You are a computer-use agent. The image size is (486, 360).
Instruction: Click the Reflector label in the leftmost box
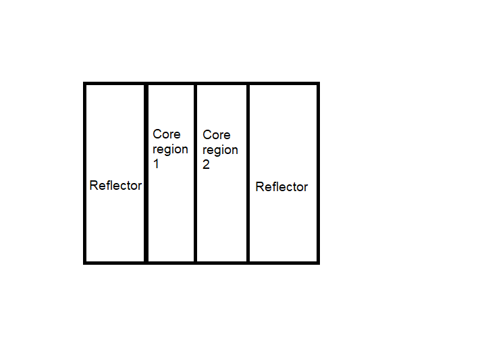pyautogui.click(x=115, y=186)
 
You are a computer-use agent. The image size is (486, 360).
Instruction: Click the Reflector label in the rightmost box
pyautogui.click(x=281, y=187)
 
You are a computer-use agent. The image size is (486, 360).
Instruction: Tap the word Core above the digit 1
pyautogui.click(x=166, y=134)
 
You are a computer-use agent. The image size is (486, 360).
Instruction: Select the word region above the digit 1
pyautogui.click(x=170, y=149)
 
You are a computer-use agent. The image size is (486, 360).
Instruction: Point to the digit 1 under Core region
pyautogui.click(x=157, y=164)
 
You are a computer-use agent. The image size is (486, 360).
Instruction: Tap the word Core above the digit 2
pyautogui.click(x=216, y=135)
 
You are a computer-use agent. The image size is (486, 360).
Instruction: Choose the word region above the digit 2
pyautogui.click(x=220, y=150)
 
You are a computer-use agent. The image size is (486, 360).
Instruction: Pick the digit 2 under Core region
pyautogui.click(x=207, y=165)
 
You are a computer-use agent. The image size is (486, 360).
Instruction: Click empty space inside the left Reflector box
pyautogui.click(x=115, y=122)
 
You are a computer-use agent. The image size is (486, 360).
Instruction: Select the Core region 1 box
pyautogui.click(x=171, y=216)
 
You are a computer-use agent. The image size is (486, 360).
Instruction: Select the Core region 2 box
pyautogui.click(x=222, y=216)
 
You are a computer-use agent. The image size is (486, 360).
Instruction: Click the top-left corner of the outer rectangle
pyautogui.click(x=85, y=84)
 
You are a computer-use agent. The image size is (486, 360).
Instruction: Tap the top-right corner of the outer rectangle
pyautogui.click(x=318, y=84)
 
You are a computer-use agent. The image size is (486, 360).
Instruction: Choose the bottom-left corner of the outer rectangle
pyautogui.click(x=85, y=262)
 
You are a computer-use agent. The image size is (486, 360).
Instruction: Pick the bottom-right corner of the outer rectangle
pyautogui.click(x=318, y=262)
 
